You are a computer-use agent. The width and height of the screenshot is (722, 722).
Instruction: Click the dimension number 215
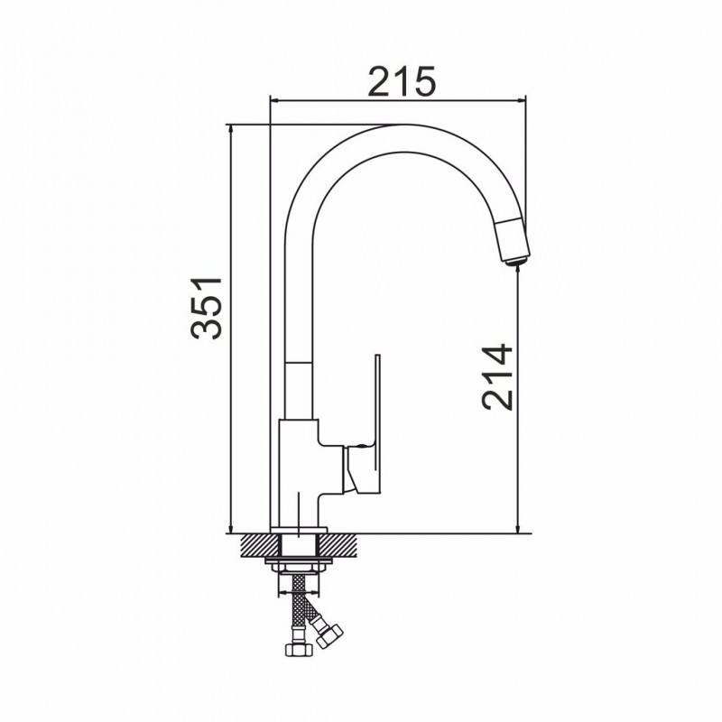tap(403, 82)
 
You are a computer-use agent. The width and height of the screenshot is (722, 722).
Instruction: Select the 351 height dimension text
tap(207, 308)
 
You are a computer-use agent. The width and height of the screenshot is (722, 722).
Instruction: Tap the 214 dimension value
tap(497, 376)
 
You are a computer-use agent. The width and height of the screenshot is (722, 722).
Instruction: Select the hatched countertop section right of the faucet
tap(341, 545)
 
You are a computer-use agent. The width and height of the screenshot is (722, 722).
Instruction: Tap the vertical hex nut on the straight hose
tap(299, 650)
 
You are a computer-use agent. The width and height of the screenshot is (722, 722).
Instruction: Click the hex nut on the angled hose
tap(330, 636)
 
